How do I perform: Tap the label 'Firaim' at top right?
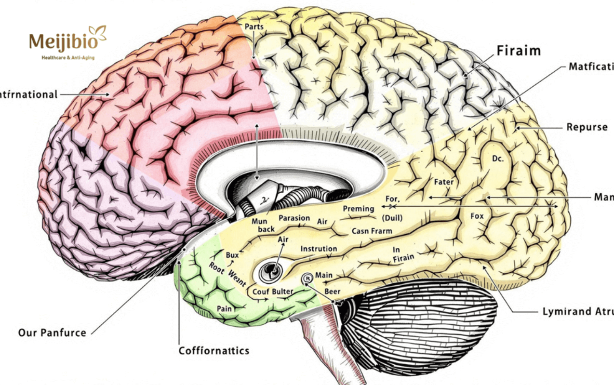point(518,51)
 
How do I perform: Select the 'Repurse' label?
point(587,127)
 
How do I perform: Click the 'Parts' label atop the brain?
point(254,26)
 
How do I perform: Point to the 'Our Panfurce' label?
point(52,332)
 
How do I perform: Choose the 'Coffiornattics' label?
point(214,350)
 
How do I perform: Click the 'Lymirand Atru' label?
point(578,311)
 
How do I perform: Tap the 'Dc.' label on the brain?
point(498,158)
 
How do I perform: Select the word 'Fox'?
point(477,216)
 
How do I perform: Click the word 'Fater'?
point(444,182)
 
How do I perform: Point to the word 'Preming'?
point(358,209)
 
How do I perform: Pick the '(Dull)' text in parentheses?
point(392,218)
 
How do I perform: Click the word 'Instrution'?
point(319,249)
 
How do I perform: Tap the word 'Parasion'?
point(294,218)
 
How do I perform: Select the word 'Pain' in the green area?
point(224,309)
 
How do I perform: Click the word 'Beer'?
point(332,291)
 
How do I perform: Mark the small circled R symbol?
point(307,278)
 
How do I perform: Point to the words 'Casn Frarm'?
point(372,231)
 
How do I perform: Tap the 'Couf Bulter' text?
point(272,291)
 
